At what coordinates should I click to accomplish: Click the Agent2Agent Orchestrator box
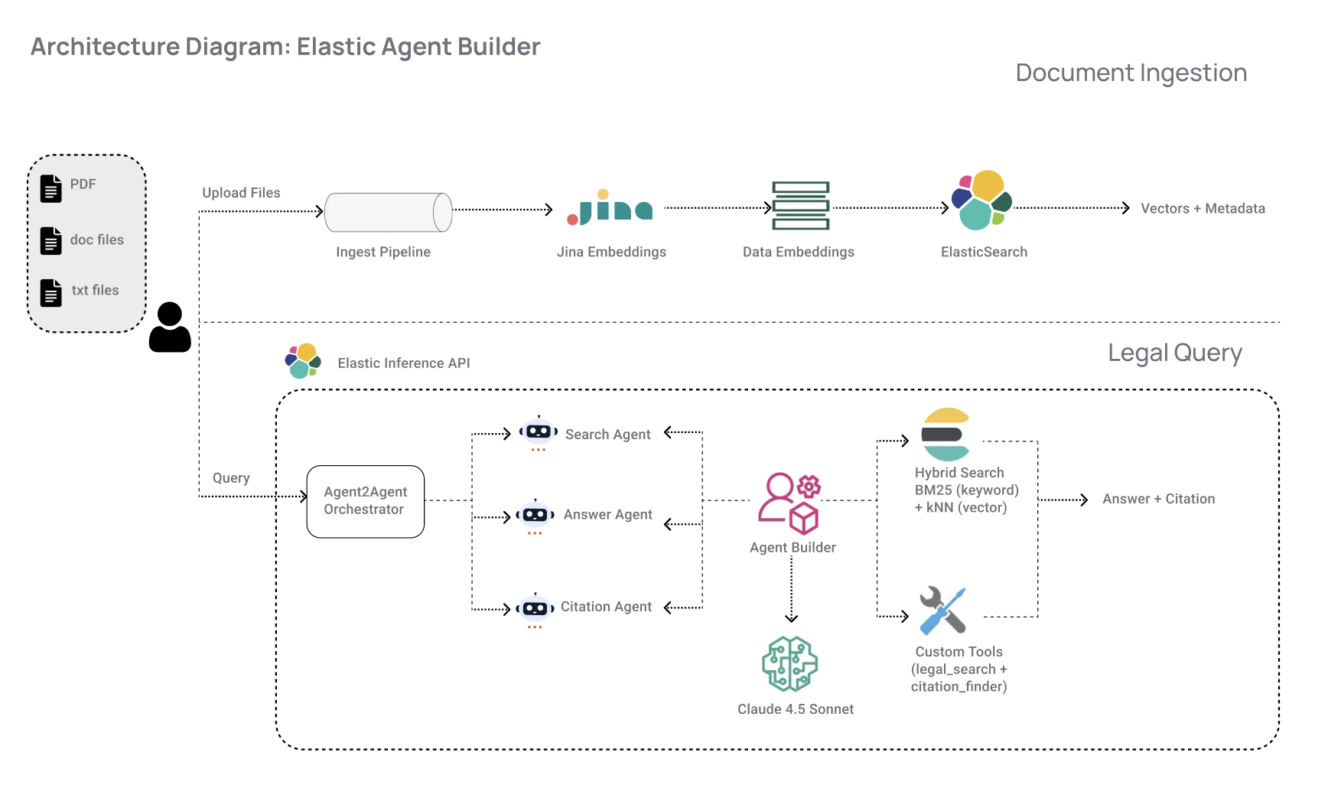pyautogui.click(x=365, y=501)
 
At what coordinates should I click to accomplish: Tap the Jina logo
pyautogui.click(x=610, y=208)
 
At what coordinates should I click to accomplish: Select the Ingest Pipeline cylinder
pyautogui.click(x=388, y=212)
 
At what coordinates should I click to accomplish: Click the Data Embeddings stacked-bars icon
pyautogui.click(x=800, y=206)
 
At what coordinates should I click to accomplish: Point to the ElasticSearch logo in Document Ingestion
pyautogui.click(x=982, y=200)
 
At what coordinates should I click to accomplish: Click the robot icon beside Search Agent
pyautogui.click(x=539, y=432)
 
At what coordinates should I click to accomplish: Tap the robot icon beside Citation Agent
pyautogui.click(x=535, y=609)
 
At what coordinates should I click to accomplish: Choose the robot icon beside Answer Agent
pyautogui.click(x=535, y=515)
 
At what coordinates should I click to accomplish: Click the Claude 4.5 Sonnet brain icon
pyautogui.click(x=790, y=664)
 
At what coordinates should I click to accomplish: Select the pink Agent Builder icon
pyautogui.click(x=789, y=503)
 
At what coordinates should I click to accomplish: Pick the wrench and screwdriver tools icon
pyautogui.click(x=943, y=610)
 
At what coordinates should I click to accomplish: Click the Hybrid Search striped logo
pyautogui.click(x=946, y=434)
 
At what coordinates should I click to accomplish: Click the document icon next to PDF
pyautogui.click(x=51, y=188)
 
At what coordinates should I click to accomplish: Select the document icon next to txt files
pyautogui.click(x=51, y=292)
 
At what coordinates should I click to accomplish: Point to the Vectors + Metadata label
pyautogui.click(x=1203, y=209)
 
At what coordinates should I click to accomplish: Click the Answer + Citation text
pyautogui.click(x=1158, y=499)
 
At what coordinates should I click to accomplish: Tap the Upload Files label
pyautogui.click(x=241, y=193)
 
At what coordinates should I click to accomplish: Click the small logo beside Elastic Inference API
pyautogui.click(x=303, y=360)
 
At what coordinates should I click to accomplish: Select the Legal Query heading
pyautogui.click(x=1174, y=353)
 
